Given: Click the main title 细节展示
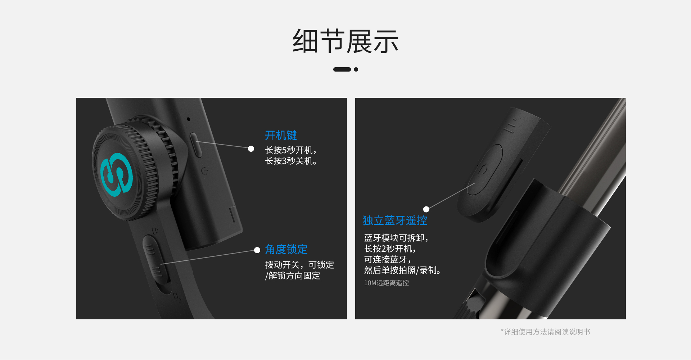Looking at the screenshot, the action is coord(345,41).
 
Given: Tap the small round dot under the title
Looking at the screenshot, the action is coord(356,69).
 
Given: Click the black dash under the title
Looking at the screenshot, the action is coord(342,69).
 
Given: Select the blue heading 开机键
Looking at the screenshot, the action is coord(281,135).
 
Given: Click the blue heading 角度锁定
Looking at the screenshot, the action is coord(286,249).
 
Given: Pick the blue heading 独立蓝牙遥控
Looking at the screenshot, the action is coord(395,220).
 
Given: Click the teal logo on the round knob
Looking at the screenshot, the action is coord(117,175).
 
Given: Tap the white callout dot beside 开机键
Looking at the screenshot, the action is coord(251,149).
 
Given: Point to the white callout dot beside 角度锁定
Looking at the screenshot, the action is coord(257,250).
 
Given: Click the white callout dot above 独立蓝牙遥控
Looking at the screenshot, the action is coord(426,209).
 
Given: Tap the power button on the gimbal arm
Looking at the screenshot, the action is coord(195,145).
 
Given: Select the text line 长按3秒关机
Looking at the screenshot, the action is coord(291,161).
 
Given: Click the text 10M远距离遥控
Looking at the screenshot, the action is coord(386,283).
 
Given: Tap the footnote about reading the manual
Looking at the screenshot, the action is coord(545,332).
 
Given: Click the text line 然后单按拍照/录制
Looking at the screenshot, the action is coord(402,270).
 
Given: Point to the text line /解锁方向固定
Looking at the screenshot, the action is coord(293,276).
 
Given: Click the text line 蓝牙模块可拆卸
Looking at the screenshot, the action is coord(396,238).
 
